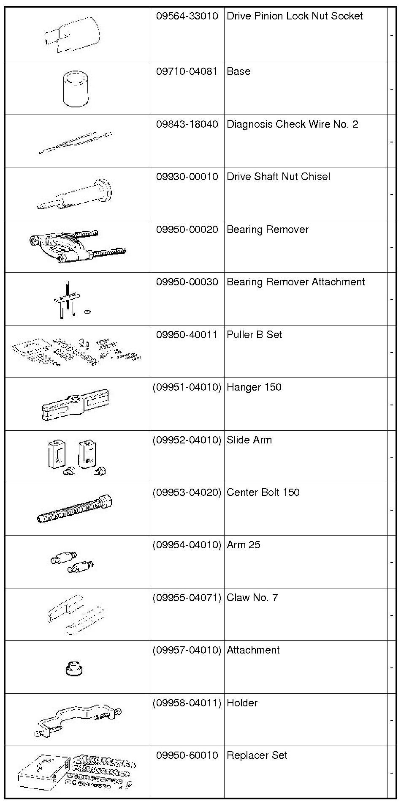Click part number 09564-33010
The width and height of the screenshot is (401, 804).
[x=187, y=16]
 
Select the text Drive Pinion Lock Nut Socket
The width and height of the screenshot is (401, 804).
[x=295, y=16]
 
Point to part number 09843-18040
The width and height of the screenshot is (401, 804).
[x=187, y=124]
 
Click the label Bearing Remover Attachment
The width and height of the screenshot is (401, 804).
[x=295, y=282]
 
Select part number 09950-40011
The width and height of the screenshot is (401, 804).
[x=187, y=335]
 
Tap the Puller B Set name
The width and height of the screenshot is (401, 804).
[x=254, y=335]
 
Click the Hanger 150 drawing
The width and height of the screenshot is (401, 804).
[x=75, y=405]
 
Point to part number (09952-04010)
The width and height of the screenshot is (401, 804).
[x=187, y=440]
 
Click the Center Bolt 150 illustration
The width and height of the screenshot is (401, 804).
[x=75, y=509]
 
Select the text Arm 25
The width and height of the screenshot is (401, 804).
[x=244, y=545]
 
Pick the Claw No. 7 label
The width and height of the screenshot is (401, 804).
[x=252, y=598]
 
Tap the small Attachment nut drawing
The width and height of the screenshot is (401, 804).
[x=74, y=668]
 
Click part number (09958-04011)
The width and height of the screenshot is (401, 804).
[x=187, y=703]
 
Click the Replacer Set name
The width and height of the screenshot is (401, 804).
[x=257, y=755]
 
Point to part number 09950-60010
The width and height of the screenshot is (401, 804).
[x=187, y=755]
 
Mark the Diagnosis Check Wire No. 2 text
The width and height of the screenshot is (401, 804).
[x=292, y=124]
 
